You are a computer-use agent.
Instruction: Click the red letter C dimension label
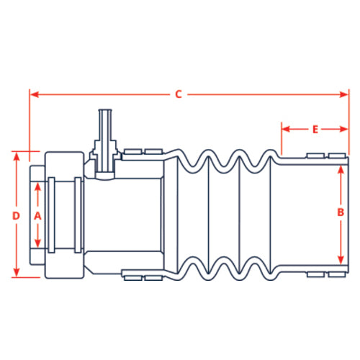pos(179,94)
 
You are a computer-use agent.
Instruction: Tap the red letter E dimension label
pos(315,130)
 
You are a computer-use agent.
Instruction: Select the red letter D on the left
pos(16,216)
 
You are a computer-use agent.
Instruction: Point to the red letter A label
pos(37,216)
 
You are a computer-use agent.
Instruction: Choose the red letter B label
pos(341,212)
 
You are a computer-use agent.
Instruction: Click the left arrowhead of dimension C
pos(35,94)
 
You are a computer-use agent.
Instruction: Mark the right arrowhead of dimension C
pos(343,94)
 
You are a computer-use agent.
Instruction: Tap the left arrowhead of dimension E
pos(286,130)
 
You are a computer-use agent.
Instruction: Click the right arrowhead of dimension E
pos(343,130)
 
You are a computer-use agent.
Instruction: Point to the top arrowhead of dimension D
pos(17,156)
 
